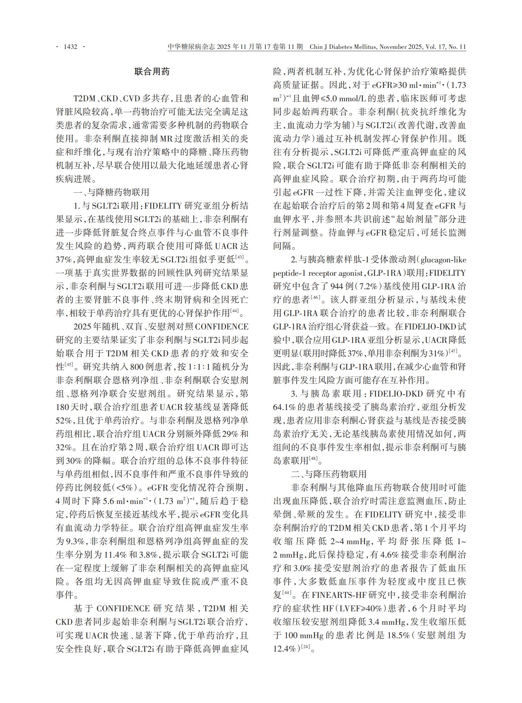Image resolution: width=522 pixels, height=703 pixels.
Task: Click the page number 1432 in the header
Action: (x=70, y=47)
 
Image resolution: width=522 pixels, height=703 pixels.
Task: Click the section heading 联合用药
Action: (x=152, y=72)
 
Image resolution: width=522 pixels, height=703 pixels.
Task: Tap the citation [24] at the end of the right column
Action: (x=305, y=647)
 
